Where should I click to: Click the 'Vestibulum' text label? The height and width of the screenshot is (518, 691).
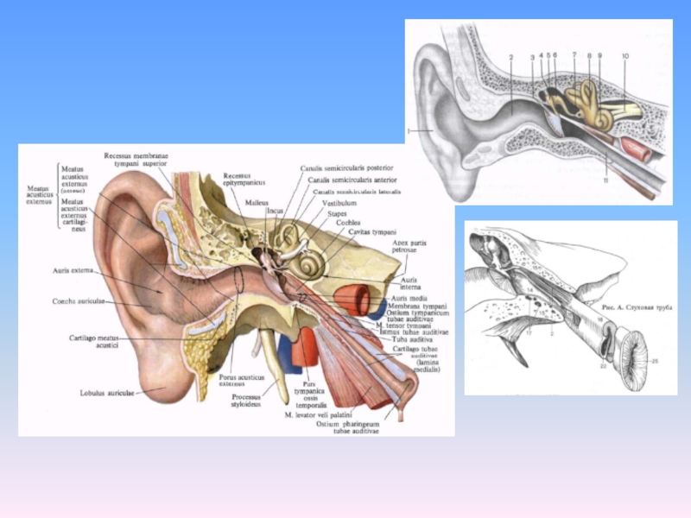tap(339, 203)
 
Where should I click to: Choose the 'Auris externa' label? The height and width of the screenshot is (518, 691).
tap(73, 270)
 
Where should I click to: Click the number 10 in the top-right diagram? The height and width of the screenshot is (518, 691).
tap(624, 56)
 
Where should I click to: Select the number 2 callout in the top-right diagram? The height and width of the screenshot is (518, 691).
tap(510, 57)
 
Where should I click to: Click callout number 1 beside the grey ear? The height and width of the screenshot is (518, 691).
tap(407, 131)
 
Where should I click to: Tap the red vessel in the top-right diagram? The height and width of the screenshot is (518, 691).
tap(637, 150)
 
